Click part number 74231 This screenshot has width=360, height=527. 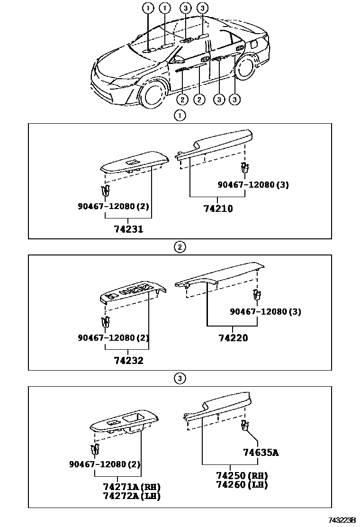point(128,229)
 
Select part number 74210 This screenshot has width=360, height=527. point(218,208)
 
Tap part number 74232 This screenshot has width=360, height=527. point(128,360)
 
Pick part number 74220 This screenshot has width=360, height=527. point(233,338)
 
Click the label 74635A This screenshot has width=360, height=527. point(261,453)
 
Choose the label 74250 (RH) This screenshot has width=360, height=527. point(242,476)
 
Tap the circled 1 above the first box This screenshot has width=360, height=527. point(180,115)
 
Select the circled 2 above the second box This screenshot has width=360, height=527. point(180,246)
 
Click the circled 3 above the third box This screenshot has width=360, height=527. point(180,378)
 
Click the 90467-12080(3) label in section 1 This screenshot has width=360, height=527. point(253,185)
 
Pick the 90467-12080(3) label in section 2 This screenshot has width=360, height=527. point(265,311)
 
